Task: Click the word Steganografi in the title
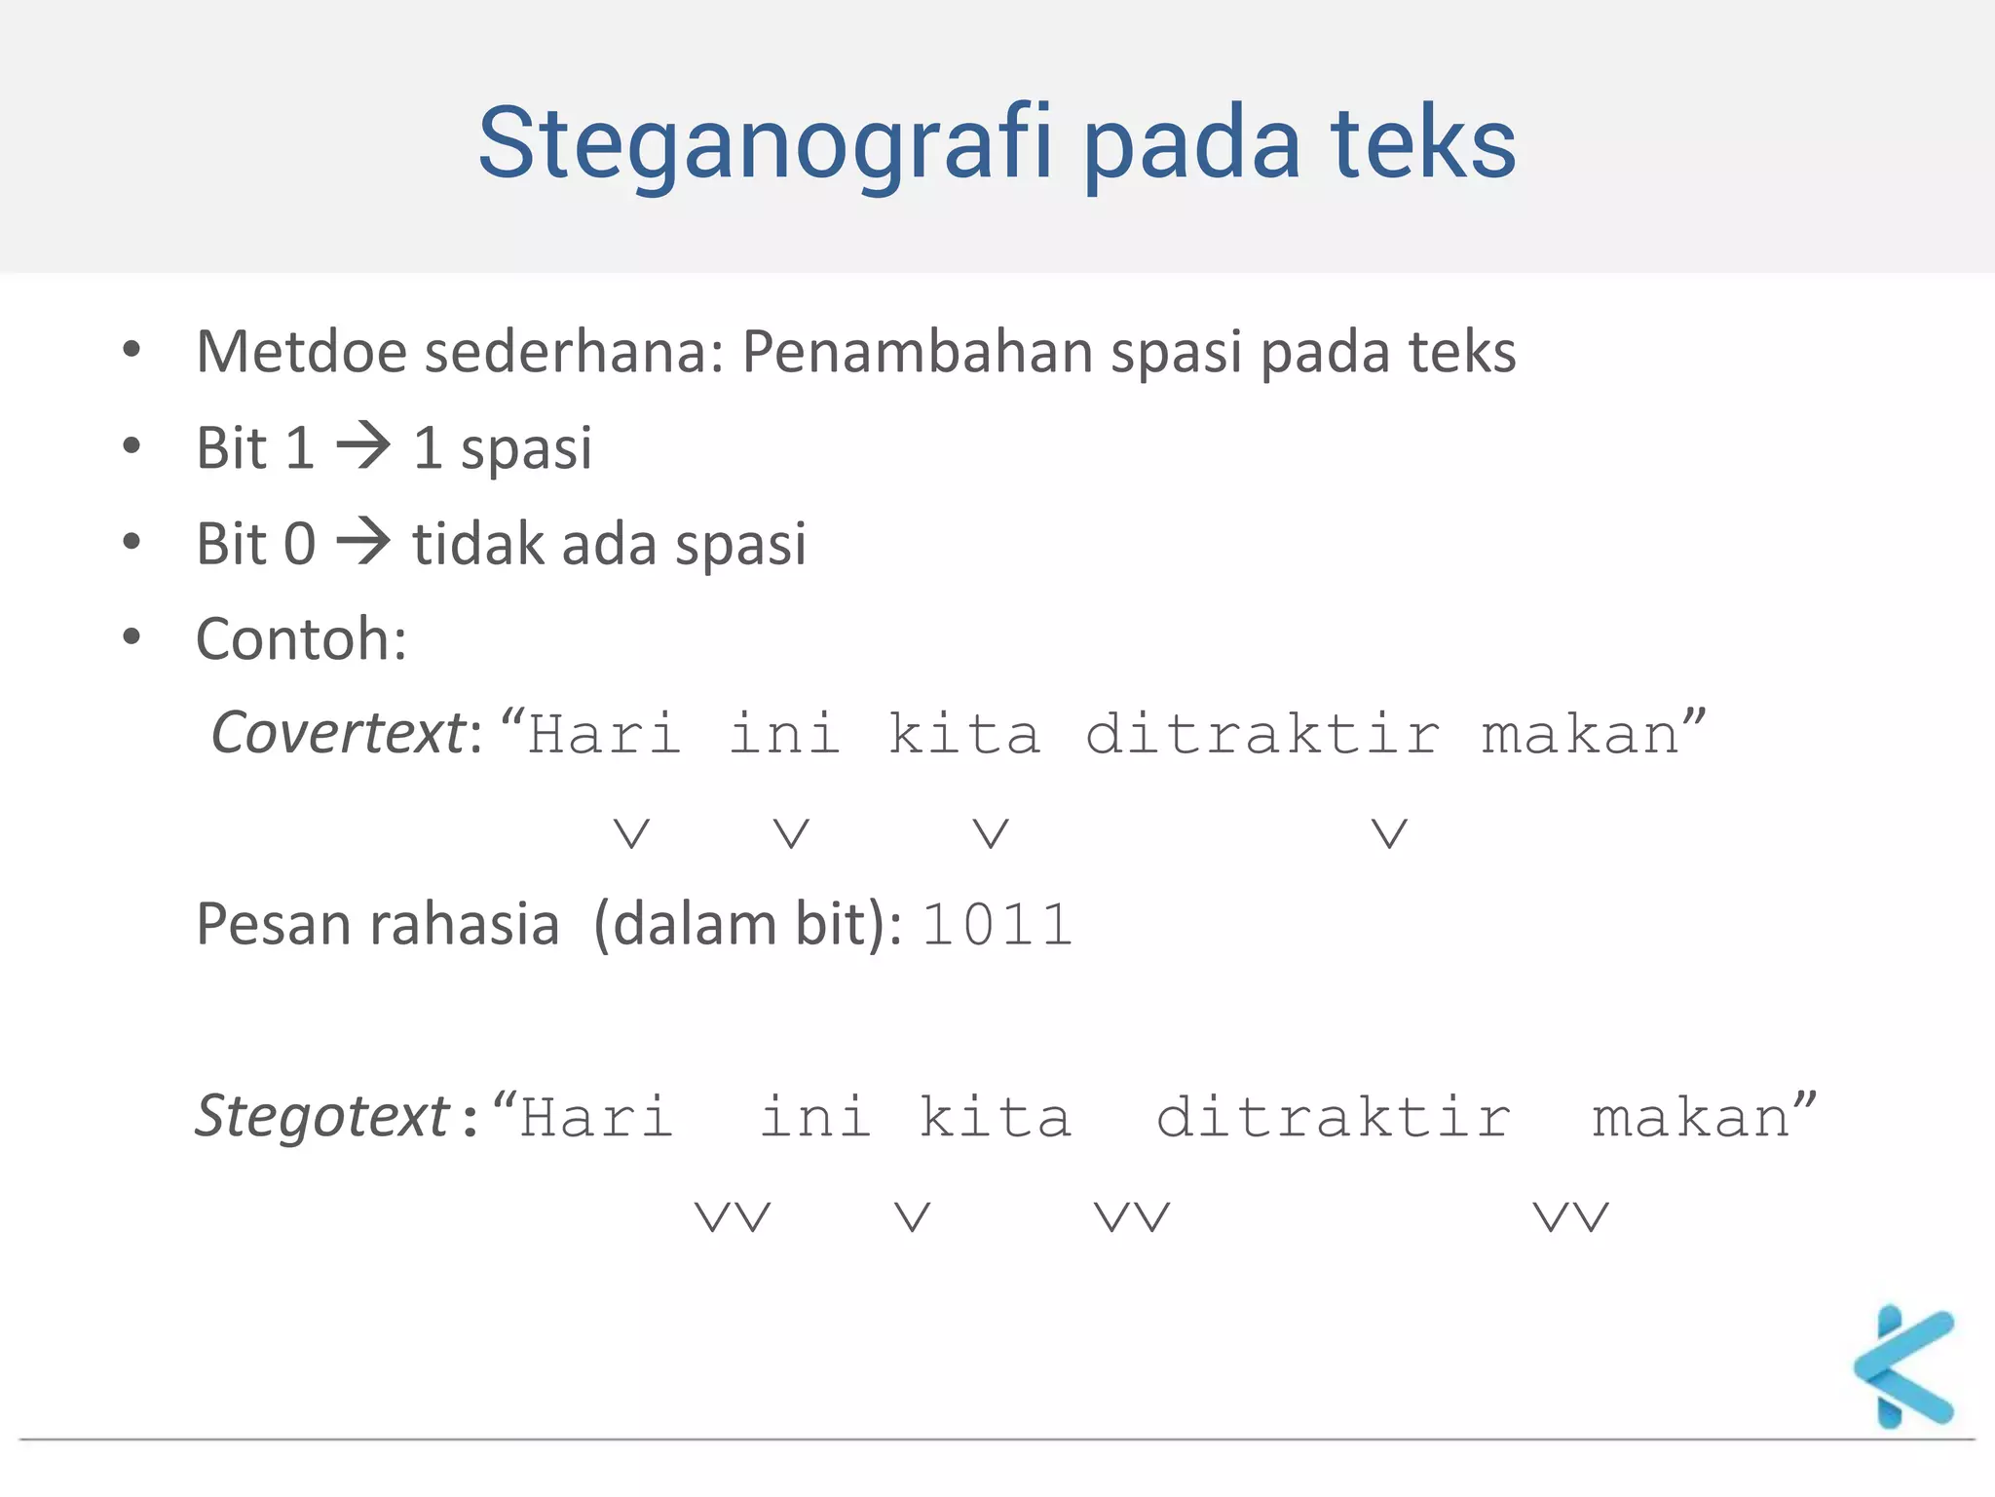(766, 144)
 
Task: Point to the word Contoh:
(301, 639)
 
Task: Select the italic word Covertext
(338, 733)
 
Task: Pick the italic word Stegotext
(321, 1116)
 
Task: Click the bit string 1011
(996, 925)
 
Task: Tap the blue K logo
(1904, 1366)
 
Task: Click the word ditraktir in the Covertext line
(1262, 734)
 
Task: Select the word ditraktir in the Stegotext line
(1334, 1117)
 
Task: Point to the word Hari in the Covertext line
(604, 734)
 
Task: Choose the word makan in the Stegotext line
(1691, 1117)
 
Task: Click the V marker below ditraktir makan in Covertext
(1389, 833)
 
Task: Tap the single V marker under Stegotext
(913, 1216)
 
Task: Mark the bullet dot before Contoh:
(132, 637)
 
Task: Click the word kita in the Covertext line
(964, 734)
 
